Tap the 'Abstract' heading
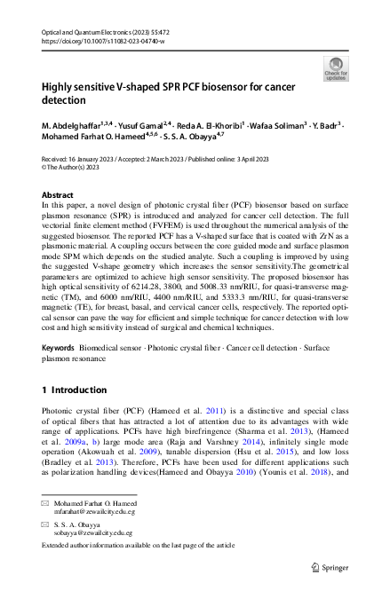tap(58, 194)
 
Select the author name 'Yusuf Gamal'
tap(139, 129)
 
